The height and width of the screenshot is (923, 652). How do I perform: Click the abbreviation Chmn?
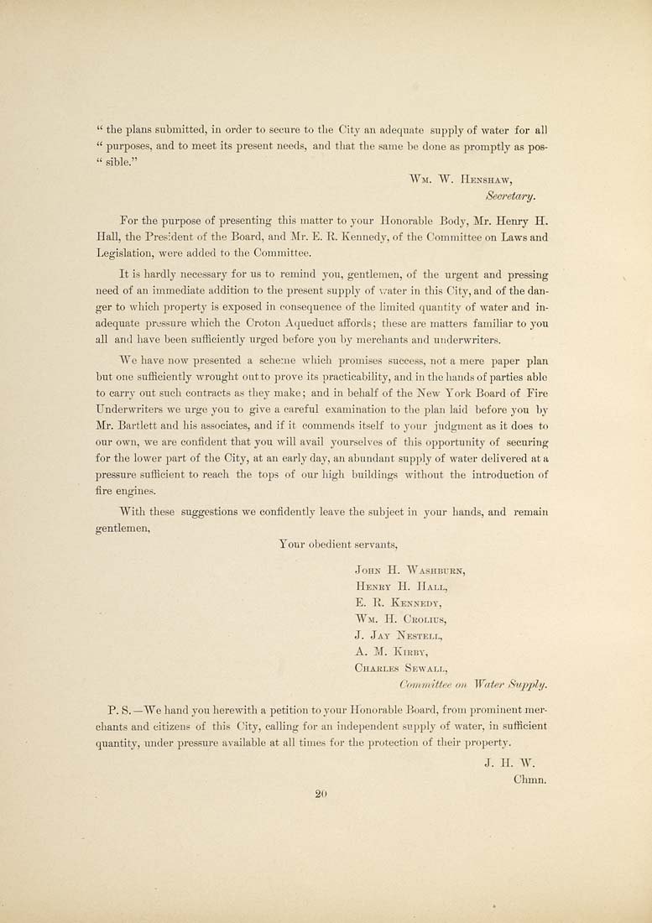(x=529, y=779)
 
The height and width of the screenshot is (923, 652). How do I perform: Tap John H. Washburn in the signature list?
(x=410, y=570)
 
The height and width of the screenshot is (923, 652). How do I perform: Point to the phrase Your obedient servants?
(x=331, y=545)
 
